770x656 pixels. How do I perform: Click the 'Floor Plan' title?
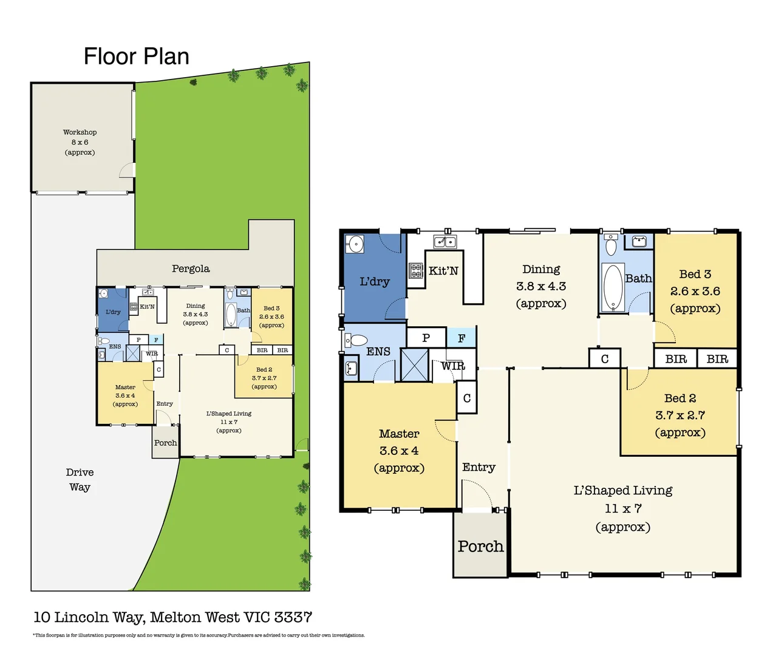(x=136, y=56)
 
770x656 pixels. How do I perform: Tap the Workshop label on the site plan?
(x=80, y=132)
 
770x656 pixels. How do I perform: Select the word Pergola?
(x=191, y=268)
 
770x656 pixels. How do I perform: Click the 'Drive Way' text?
(x=80, y=479)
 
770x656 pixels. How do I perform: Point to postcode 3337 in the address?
(x=293, y=617)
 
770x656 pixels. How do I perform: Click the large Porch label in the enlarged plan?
(x=480, y=546)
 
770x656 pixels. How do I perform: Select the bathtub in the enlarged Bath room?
(x=613, y=287)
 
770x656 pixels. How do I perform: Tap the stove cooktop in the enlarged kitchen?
(x=416, y=270)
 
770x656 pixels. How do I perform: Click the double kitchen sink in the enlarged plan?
(x=445, y=242)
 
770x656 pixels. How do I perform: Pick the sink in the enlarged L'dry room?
(x=355, y=244)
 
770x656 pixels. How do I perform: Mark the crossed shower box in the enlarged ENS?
(x=415, y=364)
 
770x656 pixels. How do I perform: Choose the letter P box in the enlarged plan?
(x=426, y=338)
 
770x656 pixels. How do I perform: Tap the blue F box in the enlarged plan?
(x=462, y=338)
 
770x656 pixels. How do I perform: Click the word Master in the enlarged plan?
(x=399, y=434)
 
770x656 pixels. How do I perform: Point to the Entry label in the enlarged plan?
(x=479, y=467)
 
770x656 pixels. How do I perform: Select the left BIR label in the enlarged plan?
(x=675, y=359)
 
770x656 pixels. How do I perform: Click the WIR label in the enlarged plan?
(x=453, y=366)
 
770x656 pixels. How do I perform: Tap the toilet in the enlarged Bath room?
(x=611, y=246)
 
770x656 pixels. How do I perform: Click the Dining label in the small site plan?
(x=196, y=306)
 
